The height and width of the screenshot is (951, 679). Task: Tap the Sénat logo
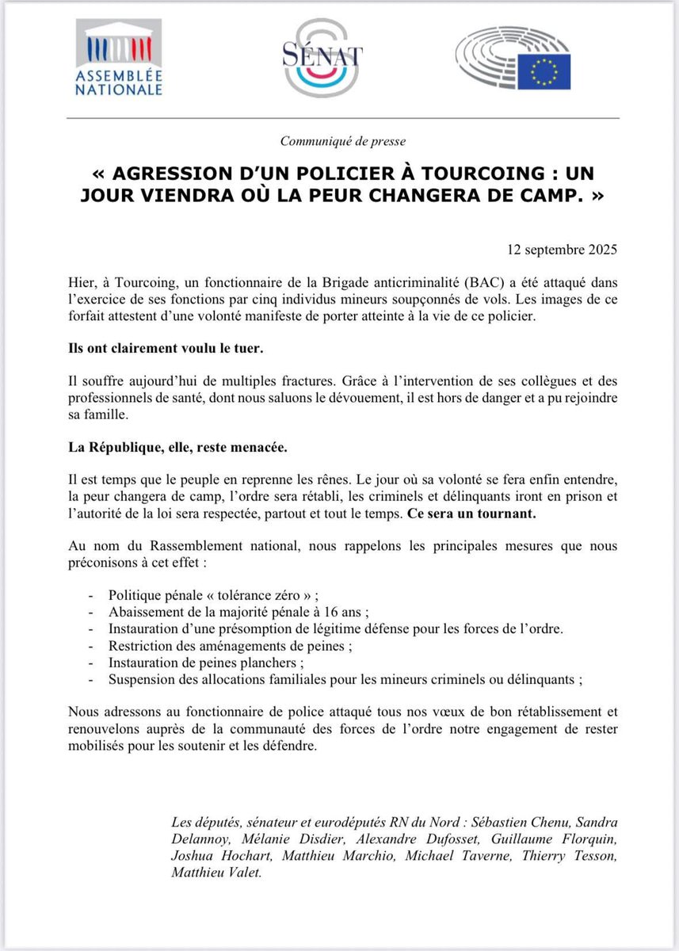coord(322,57)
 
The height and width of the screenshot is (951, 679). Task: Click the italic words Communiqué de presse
coord(343,141)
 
